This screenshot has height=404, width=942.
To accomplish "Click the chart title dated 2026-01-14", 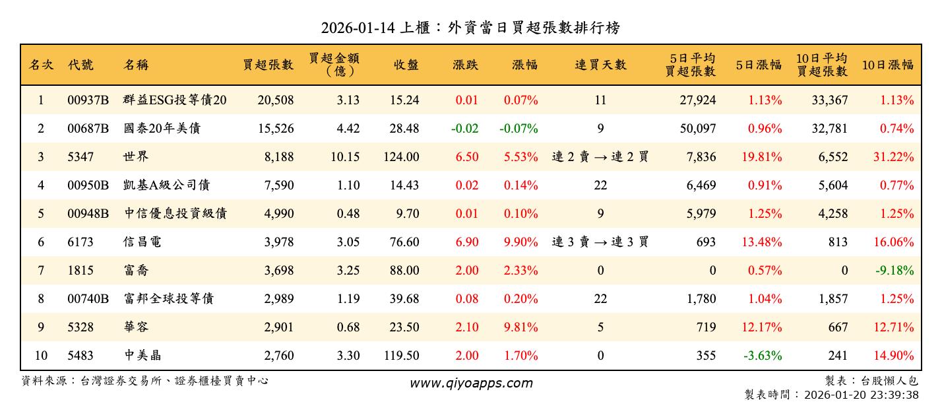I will click(470, 28).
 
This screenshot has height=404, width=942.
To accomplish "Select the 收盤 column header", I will click(406, 65).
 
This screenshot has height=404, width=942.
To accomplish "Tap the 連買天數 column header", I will click(600, 65).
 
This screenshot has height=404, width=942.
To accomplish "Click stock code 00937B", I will click(88, 100).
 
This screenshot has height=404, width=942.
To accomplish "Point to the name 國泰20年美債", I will click(162, 129).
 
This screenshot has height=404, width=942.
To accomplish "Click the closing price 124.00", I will click(401, 157).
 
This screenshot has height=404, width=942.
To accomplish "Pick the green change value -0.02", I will click(464, 129).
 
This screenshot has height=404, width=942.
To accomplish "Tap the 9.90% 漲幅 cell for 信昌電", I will click(520, 242).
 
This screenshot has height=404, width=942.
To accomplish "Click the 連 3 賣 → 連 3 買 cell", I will click(600, 242).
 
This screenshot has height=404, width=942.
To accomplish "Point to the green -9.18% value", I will click(896, 271).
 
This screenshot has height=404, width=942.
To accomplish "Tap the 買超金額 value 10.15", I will click(344, 157).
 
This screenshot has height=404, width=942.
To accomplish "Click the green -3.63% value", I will click(763, 356).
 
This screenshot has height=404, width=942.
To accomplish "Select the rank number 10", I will click(41, 356).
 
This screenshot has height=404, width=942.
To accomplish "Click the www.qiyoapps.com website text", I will click(471, 383).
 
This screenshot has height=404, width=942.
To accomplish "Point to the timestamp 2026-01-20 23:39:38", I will click(860, 395).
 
